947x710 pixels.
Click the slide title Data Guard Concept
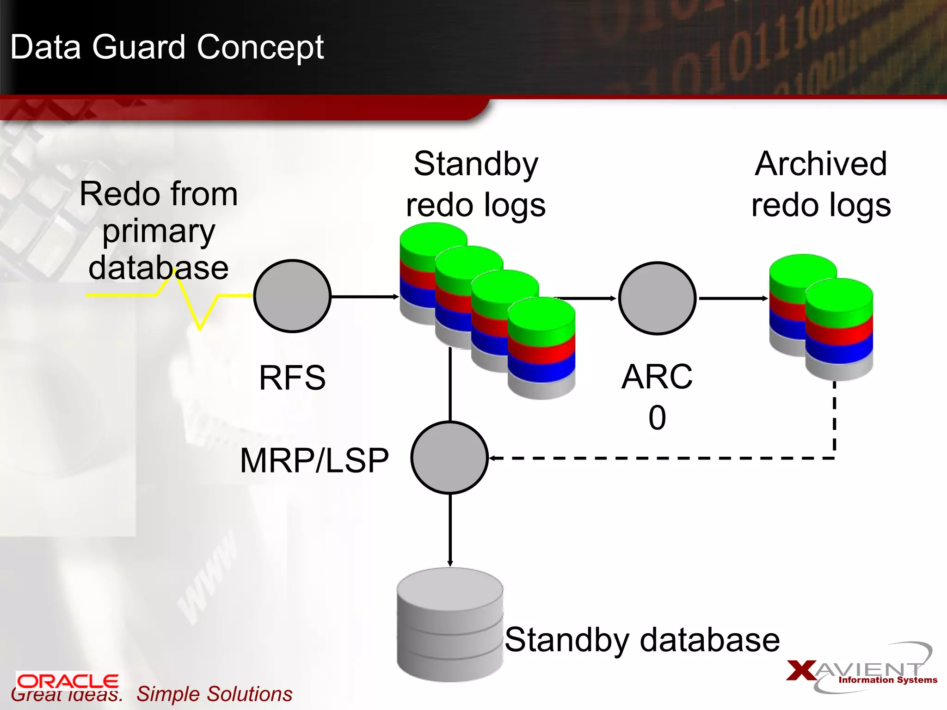tap(167, 47)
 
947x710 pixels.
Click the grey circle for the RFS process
tap(292, 296)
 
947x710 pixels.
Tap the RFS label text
tap(292, 378)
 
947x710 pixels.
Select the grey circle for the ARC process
tap(657, 298)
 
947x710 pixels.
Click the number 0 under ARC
tap(657, 417)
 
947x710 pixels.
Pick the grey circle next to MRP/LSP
tap(449, 458)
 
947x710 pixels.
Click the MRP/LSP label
tap(314, 461)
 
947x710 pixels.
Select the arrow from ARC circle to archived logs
tap(733, 299)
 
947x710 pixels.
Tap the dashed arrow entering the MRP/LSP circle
tap(647, 458)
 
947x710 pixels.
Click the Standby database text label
tap(642, 640)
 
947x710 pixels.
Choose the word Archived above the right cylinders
tap(821, 164)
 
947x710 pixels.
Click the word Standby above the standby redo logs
tap(476, 164)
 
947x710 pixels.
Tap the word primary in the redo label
tap(159, 232)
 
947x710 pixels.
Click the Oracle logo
tap(68, 681)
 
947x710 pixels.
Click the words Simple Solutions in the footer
tap(214, 694)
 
